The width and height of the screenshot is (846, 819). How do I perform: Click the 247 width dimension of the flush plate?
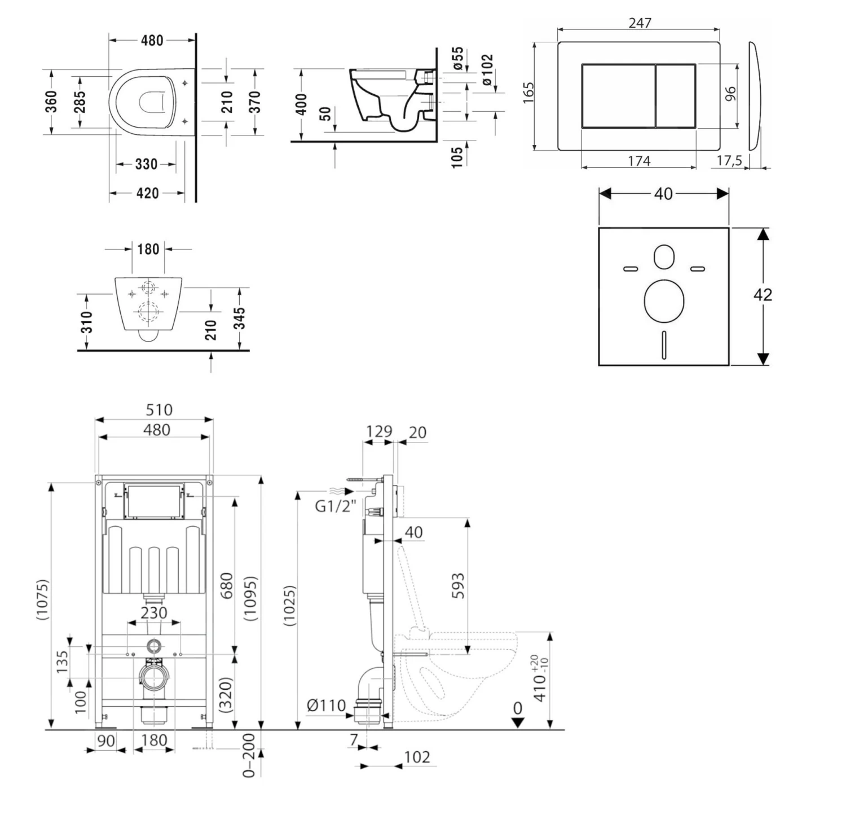tap(640, 23)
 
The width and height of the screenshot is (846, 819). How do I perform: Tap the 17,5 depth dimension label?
tap(729, 161)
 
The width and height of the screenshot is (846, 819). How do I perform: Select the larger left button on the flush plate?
tap(618, 96)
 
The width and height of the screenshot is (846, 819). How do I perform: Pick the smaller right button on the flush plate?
tap(676, 96)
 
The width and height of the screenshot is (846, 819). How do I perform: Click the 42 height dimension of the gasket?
tap(763, 295)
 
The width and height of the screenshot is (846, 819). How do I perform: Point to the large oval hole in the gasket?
tap(664, 300)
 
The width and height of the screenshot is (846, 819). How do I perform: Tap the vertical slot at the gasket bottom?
tap(664, 345)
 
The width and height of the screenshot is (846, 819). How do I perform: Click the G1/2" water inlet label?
tap(335, 506)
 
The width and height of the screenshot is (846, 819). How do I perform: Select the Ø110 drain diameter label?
tap(326, 705)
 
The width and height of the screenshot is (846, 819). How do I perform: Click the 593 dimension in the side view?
tap(458, 585)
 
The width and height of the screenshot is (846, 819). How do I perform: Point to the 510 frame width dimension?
tap(158, 410)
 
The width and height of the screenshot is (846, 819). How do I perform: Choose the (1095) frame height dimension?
tap(250, 598)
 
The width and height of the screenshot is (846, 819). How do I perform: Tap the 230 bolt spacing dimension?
tap(153, 613)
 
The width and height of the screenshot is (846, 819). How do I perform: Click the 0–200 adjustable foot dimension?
tap(249, 755)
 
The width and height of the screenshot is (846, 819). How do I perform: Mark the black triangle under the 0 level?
tap(518, 723)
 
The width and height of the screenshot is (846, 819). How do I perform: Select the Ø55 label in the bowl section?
tap(458, 59)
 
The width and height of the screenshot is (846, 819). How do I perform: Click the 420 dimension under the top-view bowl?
tap(147, 193)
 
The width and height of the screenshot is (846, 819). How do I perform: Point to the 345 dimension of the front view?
tap(240, 318)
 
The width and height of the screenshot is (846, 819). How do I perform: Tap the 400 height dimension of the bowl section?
tap(301, 104)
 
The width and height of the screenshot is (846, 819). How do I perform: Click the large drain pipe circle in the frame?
tap(153, 677)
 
